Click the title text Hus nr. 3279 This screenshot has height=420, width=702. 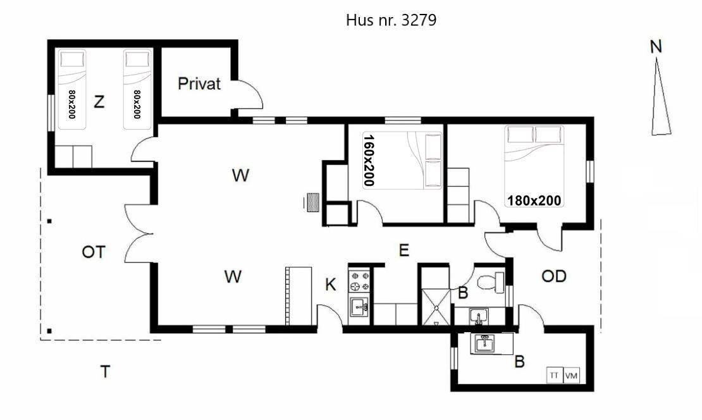point(391,20)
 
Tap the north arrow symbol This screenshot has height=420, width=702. point(660,96)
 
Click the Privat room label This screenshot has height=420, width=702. point(199,83)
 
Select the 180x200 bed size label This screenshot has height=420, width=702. point(534,201)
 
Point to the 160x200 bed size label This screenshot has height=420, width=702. point(369,160)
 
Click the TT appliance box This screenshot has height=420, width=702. point(554,375)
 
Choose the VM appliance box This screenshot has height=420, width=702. point(571,375)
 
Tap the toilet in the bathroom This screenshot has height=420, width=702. point(490,282)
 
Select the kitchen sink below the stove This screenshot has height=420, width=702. point(359,307)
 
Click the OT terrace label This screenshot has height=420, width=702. point(94,252)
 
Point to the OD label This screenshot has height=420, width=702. point(554,276)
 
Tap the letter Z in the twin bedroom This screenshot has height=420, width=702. point(99,102)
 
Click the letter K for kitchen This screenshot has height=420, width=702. point(330,285)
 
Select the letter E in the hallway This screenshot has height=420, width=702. point(404,250)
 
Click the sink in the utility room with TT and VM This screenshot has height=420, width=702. point(483,344)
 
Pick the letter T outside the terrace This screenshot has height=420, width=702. point(105,372)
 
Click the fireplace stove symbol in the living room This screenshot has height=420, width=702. point(312,202)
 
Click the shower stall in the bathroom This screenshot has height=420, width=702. point(436,307)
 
